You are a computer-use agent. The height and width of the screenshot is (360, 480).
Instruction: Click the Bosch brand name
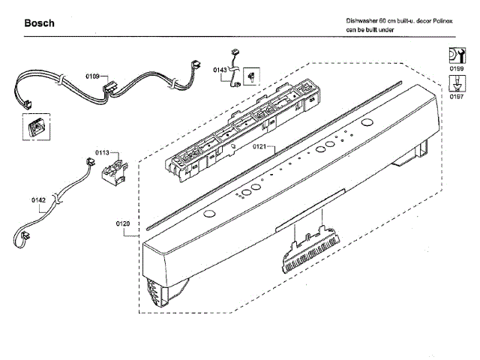coord(38,23)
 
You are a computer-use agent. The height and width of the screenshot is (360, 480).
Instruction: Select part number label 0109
coord(92,76)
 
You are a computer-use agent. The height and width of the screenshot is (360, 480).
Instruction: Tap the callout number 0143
coord(220,70)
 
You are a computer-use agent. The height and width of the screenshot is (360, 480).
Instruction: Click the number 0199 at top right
coord(455,70)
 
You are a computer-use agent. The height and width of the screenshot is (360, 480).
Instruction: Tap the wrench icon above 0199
coord(455,55)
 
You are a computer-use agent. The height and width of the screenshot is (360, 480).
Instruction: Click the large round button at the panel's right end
coord(367,123)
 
